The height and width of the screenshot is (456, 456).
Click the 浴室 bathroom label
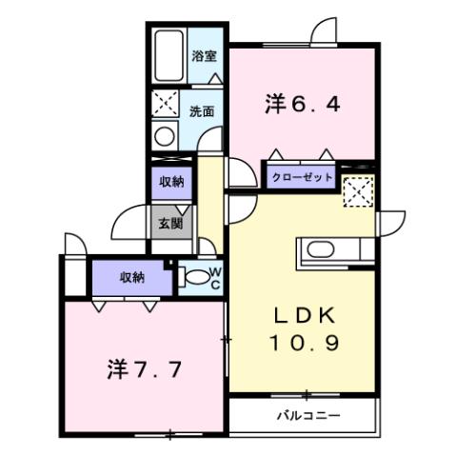tap(205, 56)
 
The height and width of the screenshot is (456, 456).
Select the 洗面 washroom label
tap(201, 110)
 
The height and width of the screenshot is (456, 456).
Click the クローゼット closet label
tap(303, 177)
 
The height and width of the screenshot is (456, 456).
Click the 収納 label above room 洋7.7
tap(132, 277)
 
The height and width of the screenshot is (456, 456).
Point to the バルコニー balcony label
tap(308, 416)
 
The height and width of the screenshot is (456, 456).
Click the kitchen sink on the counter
tap(319, 252)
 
